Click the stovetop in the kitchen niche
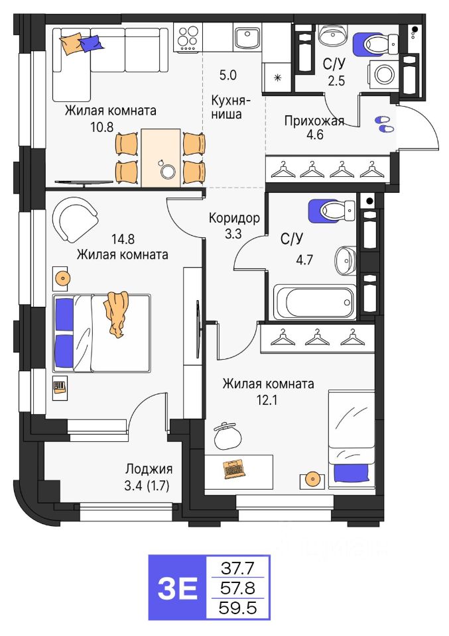point(188,38)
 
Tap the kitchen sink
point(249,38)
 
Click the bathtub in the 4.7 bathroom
point(314,301)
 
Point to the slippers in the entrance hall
point(383,124)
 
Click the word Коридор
point(233,217)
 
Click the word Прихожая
point(314,121)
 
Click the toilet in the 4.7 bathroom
point(332,211)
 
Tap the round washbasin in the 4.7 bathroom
point(345,260)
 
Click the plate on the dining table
point(167,171)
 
